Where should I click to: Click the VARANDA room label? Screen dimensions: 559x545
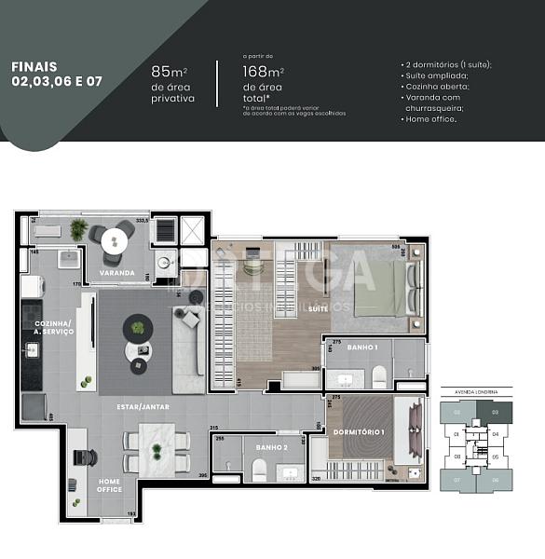[x=117, y=273]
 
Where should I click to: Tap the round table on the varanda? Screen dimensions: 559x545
[x=118, y=236]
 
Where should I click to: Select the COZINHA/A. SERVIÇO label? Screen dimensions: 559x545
[x=41, y=327]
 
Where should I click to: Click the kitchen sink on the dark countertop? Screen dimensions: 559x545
[x=31, y=350]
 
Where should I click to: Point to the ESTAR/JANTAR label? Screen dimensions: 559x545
[x=143, y=406]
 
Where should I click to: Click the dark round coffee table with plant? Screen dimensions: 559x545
[x=139, y=327]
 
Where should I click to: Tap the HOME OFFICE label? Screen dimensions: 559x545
[x=110, y=485]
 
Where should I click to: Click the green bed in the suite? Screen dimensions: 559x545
[x=377, y=288]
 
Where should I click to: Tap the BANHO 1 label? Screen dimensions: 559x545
[x=362, y=348]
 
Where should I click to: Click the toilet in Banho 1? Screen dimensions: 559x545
[x=379, y=375]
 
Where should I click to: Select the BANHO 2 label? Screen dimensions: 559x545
[x=270, y=448]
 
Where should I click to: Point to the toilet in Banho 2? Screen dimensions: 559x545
[x=260, y=470]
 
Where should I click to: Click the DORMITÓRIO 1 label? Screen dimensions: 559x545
[x=359, y=432]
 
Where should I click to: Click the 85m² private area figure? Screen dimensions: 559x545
[x=167, y=72]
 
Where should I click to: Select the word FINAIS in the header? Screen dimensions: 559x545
[x=34, y=67]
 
